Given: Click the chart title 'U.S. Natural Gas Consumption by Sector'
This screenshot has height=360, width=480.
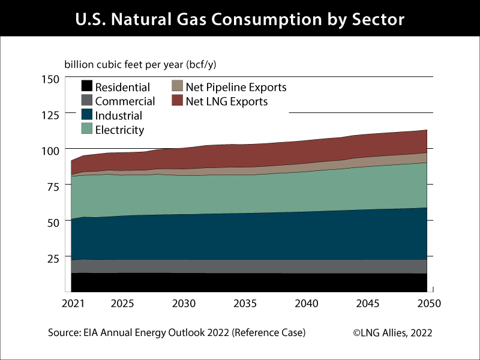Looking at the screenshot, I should point(240,19).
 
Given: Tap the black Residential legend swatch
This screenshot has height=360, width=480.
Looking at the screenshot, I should point(87,87).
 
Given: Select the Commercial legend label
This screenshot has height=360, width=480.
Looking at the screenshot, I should point(125,101).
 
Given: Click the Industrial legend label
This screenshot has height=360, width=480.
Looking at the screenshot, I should point(119,116).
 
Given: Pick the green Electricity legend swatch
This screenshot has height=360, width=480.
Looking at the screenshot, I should point(87,129).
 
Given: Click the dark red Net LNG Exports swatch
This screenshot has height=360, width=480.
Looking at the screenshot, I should point(178,101).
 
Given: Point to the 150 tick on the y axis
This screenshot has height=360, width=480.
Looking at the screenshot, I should point(50,79).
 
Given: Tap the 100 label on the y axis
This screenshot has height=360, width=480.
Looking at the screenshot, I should point(50,150).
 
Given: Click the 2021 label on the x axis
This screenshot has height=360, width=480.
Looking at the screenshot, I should point(71,304).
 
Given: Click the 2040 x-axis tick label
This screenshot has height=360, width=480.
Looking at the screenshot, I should point(307,304).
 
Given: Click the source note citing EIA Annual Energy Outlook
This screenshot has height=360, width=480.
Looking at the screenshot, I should point(178,332).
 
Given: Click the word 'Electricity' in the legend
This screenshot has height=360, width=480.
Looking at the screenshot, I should point(119,130).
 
